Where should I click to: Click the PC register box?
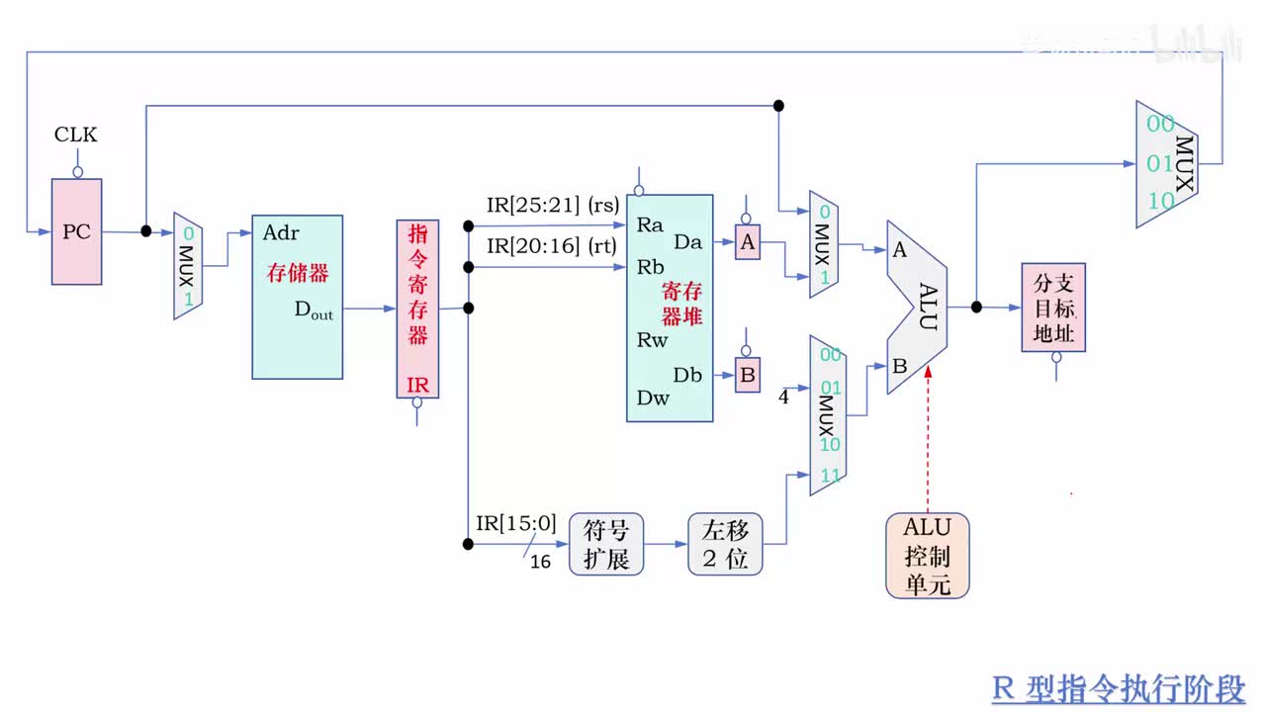pos(76,232)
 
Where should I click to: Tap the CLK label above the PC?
pos(76,134)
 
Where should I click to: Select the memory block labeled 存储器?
pos(297,297)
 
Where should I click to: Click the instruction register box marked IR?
pos(417,309)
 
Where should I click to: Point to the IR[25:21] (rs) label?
pos(552,206)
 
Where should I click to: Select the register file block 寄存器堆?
pos(670,309)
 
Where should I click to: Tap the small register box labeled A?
pos(748,242)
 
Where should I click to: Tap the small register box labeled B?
pos(748,376)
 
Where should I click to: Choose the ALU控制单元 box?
pos(927,555)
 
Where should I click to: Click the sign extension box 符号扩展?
pos(605,544)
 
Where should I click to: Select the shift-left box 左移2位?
pos(725,544)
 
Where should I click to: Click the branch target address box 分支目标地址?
pos(1053,307)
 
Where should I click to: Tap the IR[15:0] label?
pos(516,523)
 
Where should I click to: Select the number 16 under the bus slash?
pos(540,562)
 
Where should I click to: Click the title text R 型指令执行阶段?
pos(1118,687)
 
